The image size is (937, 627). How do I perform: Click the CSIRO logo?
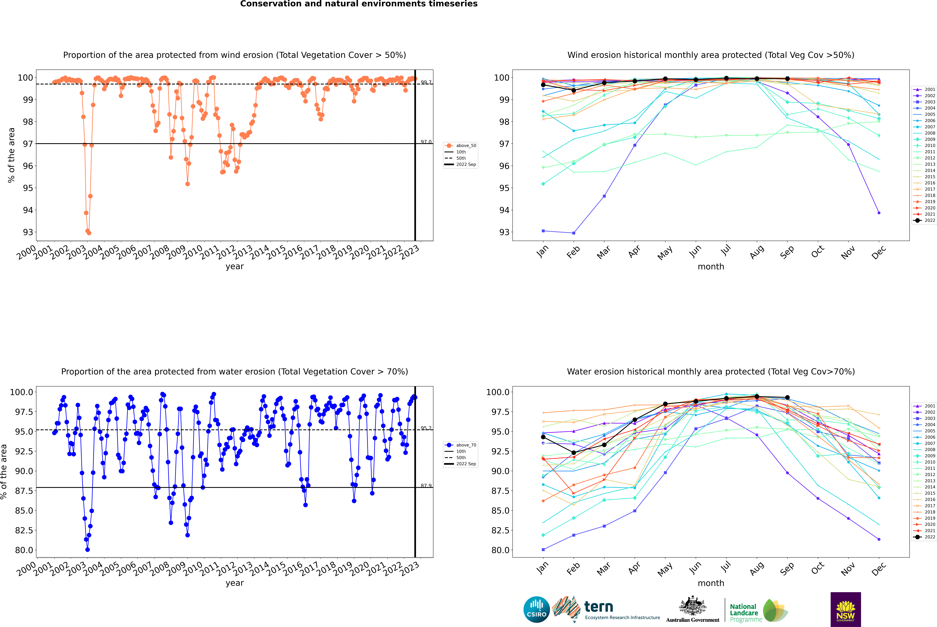click(536, 609)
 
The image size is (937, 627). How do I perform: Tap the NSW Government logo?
click(846, 609)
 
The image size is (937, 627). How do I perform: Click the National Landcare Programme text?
click(744, 613)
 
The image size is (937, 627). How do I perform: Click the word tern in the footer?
click(598, 607)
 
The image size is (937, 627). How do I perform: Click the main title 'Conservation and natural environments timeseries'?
click(359, 4)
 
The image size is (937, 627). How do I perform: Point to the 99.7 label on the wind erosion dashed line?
click(426, 82)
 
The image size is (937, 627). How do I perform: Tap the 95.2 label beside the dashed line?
click(426, 428)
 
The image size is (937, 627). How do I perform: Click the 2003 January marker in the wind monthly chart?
click(543, 231)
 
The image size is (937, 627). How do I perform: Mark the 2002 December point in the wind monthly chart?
click(879, 213)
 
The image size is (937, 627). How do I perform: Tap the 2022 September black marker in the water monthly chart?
click(787, 397)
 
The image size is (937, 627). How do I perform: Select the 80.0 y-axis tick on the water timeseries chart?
click(24, 550)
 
